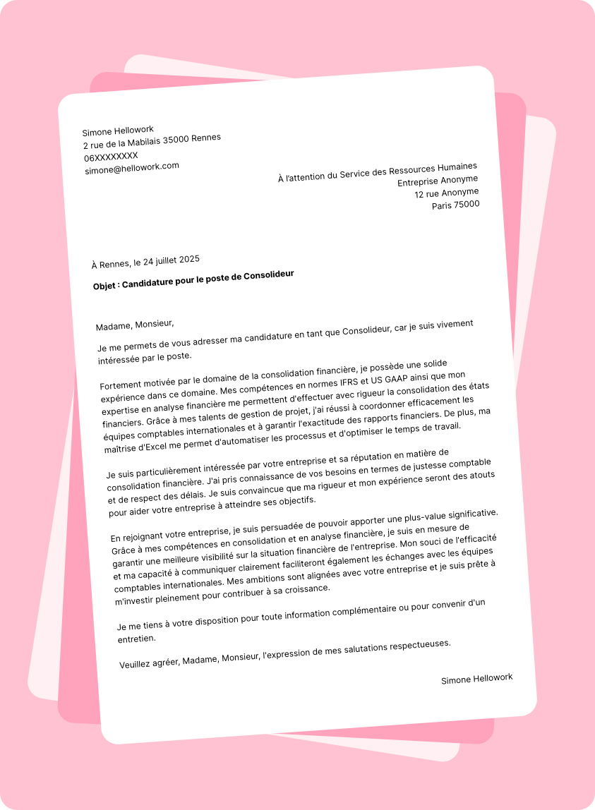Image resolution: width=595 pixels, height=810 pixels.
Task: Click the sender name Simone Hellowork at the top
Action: point(118,131)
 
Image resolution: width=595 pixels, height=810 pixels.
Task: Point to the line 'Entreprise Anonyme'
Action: point(438,181)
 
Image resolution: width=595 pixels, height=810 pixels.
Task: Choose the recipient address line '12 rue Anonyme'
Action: point(446,193)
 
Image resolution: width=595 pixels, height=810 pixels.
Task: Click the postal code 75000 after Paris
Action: point(466,204)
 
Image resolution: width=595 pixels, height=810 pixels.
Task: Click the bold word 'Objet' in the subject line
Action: point(105,286)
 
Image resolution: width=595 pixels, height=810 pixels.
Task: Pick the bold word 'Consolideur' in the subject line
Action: point(268,275)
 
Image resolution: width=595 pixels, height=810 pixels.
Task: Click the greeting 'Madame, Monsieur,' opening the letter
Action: point(134,325)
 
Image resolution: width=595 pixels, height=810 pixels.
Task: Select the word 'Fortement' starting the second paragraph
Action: point(121,385)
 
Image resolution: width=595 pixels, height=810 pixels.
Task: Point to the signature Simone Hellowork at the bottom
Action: point(477,679)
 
